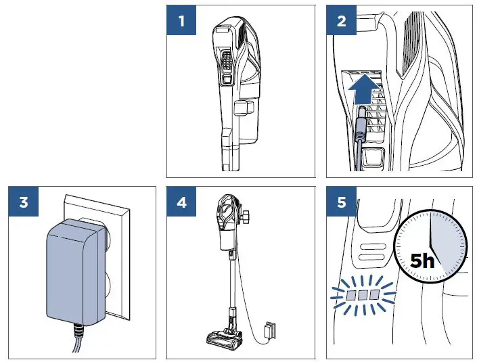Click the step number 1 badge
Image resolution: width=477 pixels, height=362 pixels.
click(x=181, y=20)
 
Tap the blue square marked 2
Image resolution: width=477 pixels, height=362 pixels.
click(x=341, y=20)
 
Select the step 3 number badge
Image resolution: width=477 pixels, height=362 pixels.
click(x=24, y=202)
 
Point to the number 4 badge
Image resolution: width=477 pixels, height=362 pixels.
click(x=181, y=202)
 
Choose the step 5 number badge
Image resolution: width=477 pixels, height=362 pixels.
click(x=341, y=202)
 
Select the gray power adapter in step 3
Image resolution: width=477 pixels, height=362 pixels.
click(x=71, y=274)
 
